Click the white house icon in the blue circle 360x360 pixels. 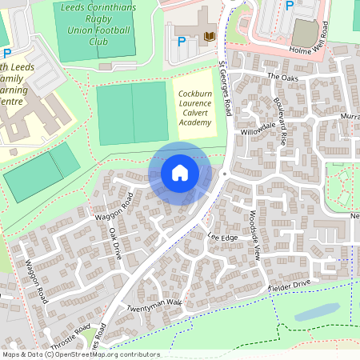(x=180, y=172)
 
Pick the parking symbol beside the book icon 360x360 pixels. (x=182, y=41)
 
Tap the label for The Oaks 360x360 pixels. (x=282, y=77)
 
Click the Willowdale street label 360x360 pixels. (x=258, y=126)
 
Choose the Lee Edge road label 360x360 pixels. (x=223, y=237)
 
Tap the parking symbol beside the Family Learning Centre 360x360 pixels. (x=7, y=54)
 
